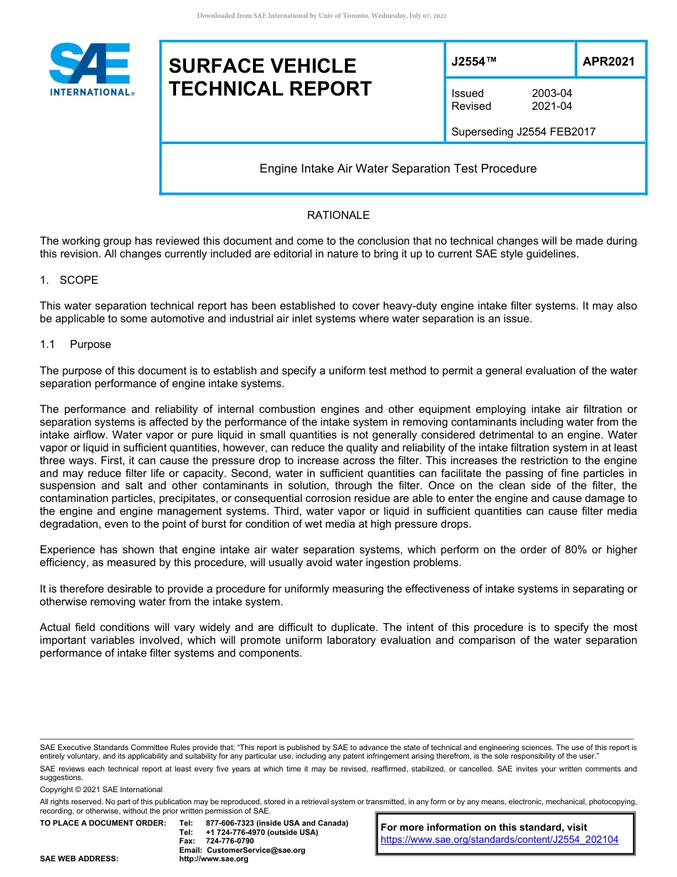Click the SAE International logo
coord(91,70)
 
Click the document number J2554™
coord(474,62)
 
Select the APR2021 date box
coord(609,62)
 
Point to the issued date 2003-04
coord(552,93)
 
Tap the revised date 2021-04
coord(552,106)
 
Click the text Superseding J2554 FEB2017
coord(523,131)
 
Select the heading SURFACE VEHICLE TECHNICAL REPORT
coord(270,77)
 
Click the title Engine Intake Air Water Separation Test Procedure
coord(398,169)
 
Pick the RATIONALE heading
coord(338,215)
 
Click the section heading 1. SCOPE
coord(69,280)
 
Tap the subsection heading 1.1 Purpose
coord(76,344)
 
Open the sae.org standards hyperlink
coord(500,840)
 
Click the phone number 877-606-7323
coord(232,823)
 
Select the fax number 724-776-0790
coord(229,841)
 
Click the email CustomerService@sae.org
coord(256,850)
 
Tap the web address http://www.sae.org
coord(214,859)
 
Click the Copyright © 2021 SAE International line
coord(101,789)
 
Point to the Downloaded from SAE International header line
coord(321,16)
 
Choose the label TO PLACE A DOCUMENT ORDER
coord(103,823)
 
